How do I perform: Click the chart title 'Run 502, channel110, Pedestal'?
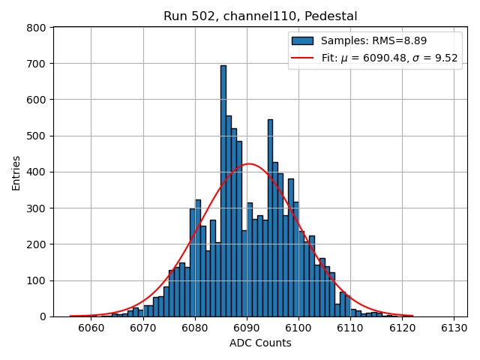[260, 16]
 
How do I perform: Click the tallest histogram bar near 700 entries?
[223, 190]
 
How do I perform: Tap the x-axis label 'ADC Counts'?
[260, 343]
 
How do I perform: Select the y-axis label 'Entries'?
[16, 172]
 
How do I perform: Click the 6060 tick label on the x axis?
[91, 328]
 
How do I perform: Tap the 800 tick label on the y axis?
[37, 28]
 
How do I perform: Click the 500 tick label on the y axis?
[37, 136]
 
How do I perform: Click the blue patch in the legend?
[302, 40]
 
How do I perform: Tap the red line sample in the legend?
[302, 58]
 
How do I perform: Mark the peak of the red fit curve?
[249, 164]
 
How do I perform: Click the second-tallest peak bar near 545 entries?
[270, 217]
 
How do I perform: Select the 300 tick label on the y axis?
[37, 208]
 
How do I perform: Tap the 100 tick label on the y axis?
[37, 280]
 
